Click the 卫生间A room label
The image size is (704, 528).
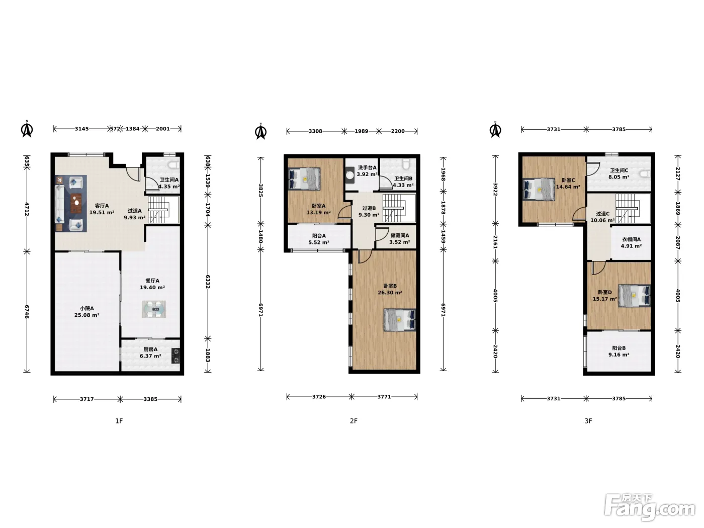(169, 180)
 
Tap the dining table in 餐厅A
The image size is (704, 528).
(154, 309)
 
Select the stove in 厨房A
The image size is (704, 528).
(175, 356)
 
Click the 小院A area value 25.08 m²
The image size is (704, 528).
(86, 315)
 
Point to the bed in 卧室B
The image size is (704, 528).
(400, 320)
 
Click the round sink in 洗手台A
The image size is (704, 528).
(350, 175)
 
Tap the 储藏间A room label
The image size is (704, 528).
(400, 236)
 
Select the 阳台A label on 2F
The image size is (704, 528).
(319, 236)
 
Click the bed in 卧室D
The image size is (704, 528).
(635, 295)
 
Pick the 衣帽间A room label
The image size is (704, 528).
(631, 239)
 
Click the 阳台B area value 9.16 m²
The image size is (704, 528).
(619, 355)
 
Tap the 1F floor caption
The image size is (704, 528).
(119, 421)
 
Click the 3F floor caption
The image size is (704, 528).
(588, 421)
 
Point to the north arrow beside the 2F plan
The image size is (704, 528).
(261, 131)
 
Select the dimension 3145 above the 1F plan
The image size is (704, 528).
(82, 129)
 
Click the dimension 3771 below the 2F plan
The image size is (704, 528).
(384, 397)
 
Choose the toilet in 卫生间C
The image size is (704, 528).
(645, 174)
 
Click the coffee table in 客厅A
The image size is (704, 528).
(76, 203)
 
